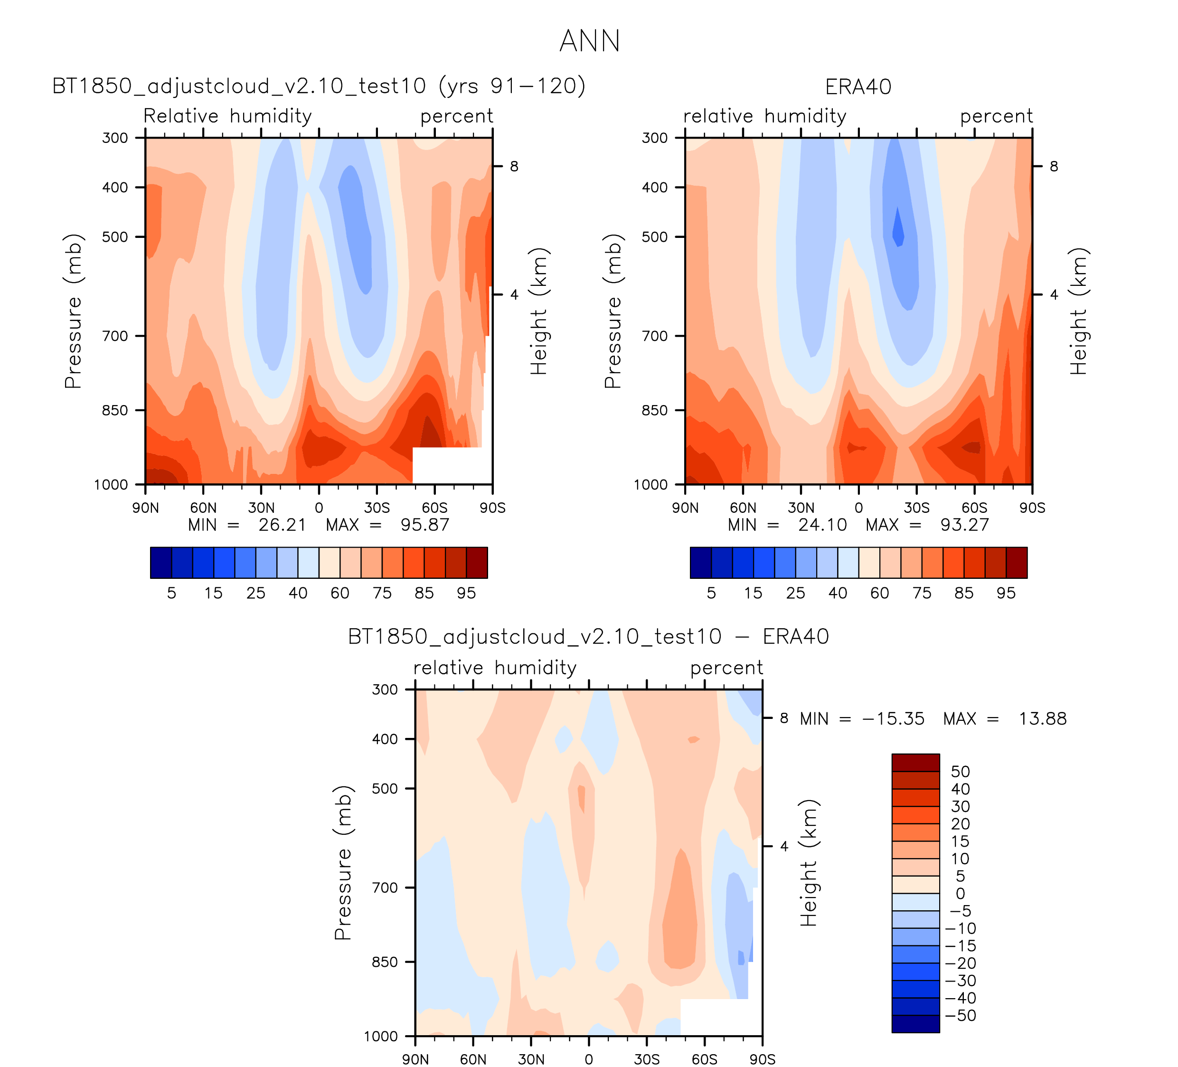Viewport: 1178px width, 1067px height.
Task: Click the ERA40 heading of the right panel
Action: point(858,87)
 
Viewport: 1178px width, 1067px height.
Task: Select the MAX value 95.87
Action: point(425,525)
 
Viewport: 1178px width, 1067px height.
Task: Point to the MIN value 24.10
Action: point(823,525)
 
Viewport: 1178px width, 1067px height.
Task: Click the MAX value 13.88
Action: point(1042,719)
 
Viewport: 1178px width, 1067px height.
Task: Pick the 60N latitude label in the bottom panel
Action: point(473,1059)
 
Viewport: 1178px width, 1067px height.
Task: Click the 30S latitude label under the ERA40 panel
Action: point(916,508)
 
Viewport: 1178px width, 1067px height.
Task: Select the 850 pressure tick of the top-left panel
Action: point(115,410)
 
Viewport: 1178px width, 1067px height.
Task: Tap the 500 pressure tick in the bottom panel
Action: point(385,788)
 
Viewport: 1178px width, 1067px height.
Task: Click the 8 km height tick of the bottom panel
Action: point(784,718)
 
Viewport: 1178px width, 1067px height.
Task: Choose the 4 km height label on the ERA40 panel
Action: point(1054,294)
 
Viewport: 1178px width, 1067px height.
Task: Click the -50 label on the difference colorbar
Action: point(960,1016)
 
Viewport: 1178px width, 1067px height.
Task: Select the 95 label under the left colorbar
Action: point(466,593)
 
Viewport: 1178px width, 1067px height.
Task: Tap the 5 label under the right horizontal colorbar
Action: point(711,593)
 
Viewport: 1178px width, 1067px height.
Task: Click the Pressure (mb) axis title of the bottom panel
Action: point(343,862)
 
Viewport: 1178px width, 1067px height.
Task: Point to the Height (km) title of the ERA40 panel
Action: point(1078,311)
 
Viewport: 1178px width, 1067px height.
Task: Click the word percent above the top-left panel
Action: point(456,116)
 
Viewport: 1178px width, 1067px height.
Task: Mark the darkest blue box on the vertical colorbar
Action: point(915,1024)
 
